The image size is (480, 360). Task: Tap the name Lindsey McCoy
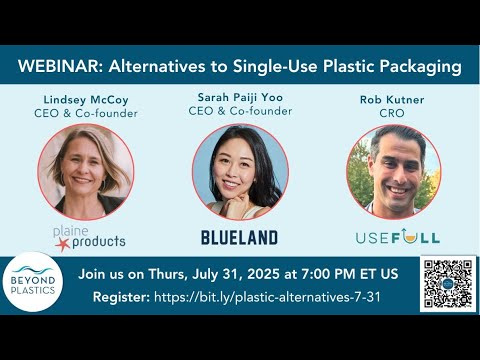tap(85, 101)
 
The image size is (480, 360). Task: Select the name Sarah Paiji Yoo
tap(239, 96)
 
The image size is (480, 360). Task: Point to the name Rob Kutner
tap(392, 101)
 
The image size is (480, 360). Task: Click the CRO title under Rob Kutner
tap(392, 115)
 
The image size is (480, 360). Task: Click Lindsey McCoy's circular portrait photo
tap(85, 171)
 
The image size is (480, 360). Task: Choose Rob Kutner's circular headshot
tap(393, 172)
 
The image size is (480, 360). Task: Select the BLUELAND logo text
tap(239, 238)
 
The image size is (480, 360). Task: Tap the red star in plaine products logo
tap(62, 243)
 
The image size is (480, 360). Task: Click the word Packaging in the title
tap(419, 67)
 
